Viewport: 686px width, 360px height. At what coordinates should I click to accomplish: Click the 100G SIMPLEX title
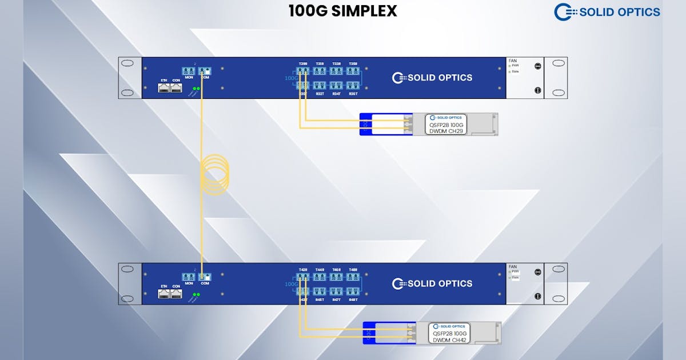click(x=342, y=11)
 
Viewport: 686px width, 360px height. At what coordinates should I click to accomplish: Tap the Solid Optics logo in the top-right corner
click(x=607, y=12)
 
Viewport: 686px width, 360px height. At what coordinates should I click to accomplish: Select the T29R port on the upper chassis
click(x=303, y=71)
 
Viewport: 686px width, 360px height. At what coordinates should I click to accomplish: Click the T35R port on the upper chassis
click(x=353, y=71)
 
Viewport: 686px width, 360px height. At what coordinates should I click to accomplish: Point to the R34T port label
click(x=337, y=93)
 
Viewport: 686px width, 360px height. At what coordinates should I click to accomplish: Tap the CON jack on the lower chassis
click(x=176, y=294)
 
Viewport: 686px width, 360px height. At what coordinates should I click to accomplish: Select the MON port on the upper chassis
click(x=189, y=71)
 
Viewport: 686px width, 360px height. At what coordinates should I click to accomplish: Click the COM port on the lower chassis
click(x=205, y=277)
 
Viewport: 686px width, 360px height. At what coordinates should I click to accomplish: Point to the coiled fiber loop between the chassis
click(x=215, y=174)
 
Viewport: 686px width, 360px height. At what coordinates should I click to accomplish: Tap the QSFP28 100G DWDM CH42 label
click(x=449, y=333)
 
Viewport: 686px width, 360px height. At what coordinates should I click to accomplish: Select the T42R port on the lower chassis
click(x=303, y=277)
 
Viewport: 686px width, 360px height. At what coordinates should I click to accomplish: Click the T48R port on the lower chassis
click(x=353, y=277)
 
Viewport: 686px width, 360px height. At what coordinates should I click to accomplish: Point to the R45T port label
click(x=320, y=299)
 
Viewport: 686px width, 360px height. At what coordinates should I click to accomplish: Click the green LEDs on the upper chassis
click(x=196, y=89)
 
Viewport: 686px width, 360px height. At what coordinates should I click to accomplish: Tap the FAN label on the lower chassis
click(x=512, y=266)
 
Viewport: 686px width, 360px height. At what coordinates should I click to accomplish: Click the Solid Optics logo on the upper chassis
click(x=432, y=78)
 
